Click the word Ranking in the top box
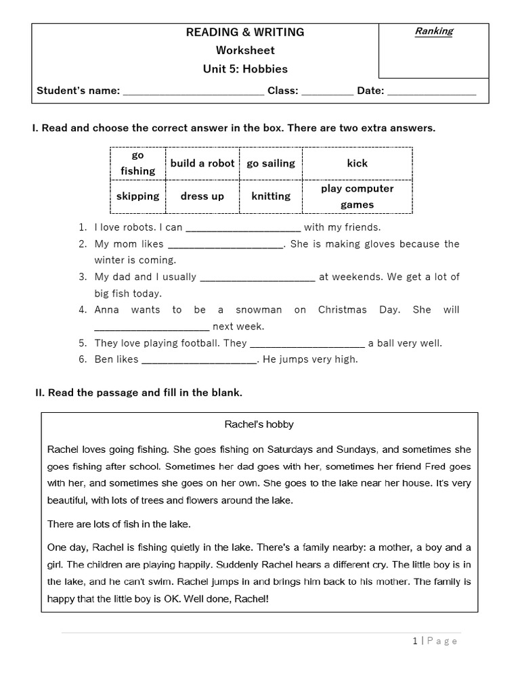(x=434, y=31)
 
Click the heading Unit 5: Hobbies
(x=245, y=68)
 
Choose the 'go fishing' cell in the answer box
(x=137, y=163)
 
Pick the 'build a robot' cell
(x=202, y=163)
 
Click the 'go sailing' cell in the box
(x=271, y=163)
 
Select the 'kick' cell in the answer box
(x=357, y=163)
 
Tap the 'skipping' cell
(x=137, y=196)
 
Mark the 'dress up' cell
(x=202, y=196)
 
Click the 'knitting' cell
(x=271, y=196)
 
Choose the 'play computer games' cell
(x=357, y=196)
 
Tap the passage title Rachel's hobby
(x=259, y=425)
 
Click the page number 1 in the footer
(x=414, y=642)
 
